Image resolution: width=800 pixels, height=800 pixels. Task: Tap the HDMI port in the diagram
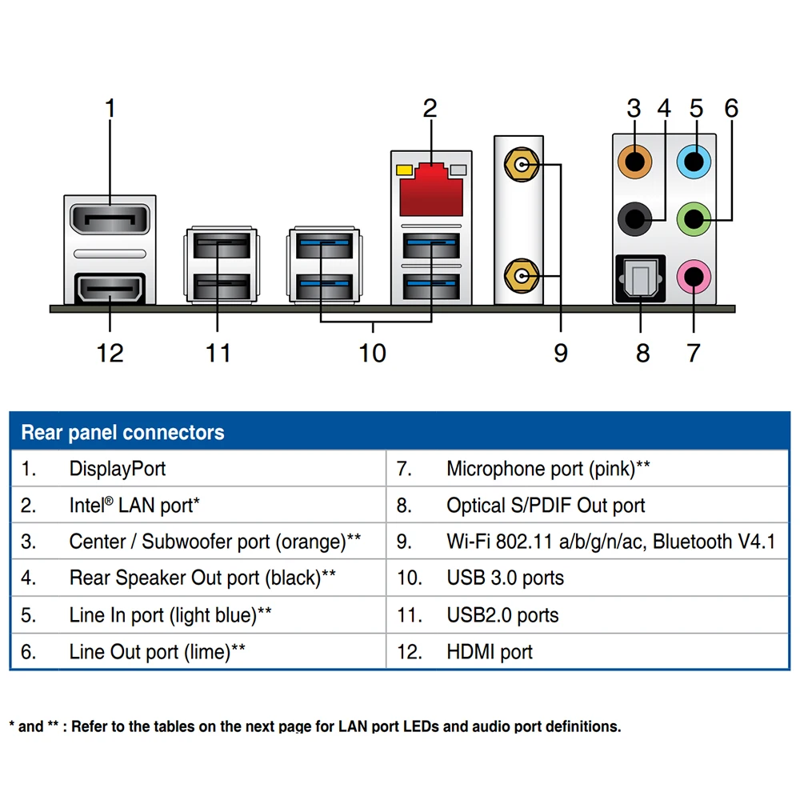click(110, 290)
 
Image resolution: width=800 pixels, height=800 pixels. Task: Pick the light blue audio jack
click(694, 164)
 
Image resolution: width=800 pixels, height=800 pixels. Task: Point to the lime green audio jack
click(694, 217)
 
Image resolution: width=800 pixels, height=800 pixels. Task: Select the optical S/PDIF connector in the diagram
click(639, 279)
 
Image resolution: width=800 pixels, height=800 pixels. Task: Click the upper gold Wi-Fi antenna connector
click(519, 166)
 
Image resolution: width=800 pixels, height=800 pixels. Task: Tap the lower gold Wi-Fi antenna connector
click(519, 277)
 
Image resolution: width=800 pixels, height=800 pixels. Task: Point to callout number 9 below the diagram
click(561, 352)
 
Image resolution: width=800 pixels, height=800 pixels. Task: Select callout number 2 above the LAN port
click(430, 109)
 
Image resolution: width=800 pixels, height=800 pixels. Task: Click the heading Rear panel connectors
click(122, 433)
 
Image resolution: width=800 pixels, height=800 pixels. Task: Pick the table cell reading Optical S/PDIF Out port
click(546, 506)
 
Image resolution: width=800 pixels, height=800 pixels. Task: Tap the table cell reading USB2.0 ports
click(502, 615)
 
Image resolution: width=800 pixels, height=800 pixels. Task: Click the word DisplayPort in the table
click(118, 469)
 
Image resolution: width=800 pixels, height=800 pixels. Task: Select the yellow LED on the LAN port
click(403, 170)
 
